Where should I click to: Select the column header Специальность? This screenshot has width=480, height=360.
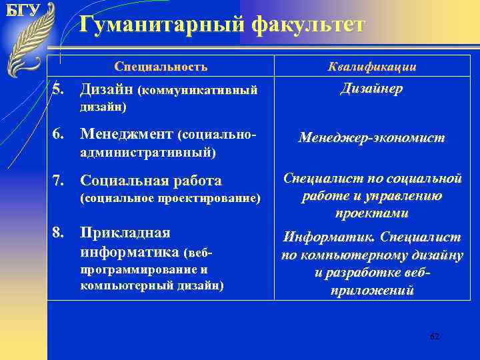click(x=161, y=67)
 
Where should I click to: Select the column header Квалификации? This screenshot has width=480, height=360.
click(x=372, y=67)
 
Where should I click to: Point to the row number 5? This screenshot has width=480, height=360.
click(x=60, y=89)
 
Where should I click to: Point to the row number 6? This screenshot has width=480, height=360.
click(x=60, y=135)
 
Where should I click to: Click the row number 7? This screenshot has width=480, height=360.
click(x=60, y=180)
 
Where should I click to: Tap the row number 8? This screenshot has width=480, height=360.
click(x=60, y=233)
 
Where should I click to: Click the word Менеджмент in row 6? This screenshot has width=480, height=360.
click(x=126, y=135)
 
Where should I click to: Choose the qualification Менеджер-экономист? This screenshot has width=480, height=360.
click(x=371, y=138)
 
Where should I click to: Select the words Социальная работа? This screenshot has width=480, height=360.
click(x=151, y=181)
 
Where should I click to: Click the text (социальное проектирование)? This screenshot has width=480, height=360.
click(x=169, y=198)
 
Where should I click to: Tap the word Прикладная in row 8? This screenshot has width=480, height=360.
click(x=125, y=233)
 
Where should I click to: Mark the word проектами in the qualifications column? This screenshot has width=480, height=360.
click(x=372, y=213)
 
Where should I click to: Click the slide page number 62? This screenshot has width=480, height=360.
click(x=435, y=337)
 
